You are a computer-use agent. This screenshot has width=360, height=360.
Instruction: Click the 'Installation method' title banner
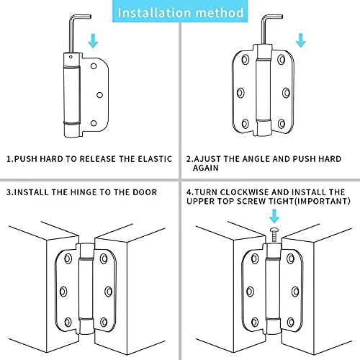point(180,12)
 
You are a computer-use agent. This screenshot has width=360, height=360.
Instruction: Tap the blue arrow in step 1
point(93,41)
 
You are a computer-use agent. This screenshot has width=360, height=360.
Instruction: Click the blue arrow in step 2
point(301,40)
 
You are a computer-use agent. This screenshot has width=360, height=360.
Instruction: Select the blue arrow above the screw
point(274,216)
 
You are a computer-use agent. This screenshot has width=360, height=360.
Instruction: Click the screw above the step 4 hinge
point(274,235)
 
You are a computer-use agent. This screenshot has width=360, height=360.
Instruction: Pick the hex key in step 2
point(268,30)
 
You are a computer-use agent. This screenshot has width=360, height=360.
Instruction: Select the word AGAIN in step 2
point(206,168)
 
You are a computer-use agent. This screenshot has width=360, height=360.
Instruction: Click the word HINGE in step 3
point(81,192)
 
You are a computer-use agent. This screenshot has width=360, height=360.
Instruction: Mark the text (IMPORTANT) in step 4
point(323,201)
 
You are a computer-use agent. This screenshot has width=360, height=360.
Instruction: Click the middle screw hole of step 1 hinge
point(99,95)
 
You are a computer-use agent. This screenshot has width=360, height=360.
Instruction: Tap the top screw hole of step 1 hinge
point(94,66)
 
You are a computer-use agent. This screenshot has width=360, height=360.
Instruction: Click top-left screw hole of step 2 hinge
point(246,59)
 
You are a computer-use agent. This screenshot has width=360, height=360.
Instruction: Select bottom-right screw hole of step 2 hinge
point(282,124)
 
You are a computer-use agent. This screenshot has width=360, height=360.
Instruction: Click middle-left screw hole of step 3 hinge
point(63,292)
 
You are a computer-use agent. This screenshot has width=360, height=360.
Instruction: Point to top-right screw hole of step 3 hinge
point(104,258)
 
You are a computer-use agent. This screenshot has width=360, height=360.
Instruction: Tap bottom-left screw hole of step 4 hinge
point(255,322)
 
